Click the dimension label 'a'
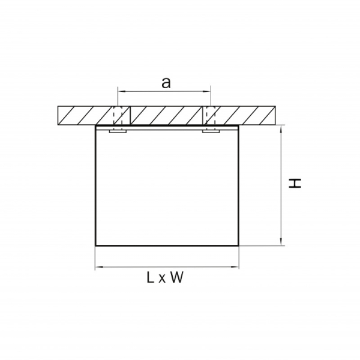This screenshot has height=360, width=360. coord(166,83)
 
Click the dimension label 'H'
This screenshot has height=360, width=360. coord(295,183)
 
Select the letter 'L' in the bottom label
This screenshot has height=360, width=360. coord(150,277)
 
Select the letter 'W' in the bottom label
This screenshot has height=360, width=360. coord(176,277)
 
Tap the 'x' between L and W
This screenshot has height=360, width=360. coord(162,279)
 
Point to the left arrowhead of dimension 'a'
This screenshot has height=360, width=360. coord(121,91)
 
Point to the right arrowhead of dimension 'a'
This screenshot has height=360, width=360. coord(207,91)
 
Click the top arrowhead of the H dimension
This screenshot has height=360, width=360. coord(281,129)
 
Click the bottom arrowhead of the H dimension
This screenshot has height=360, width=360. coord(281,242)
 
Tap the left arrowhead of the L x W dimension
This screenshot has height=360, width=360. coord(99,267)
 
